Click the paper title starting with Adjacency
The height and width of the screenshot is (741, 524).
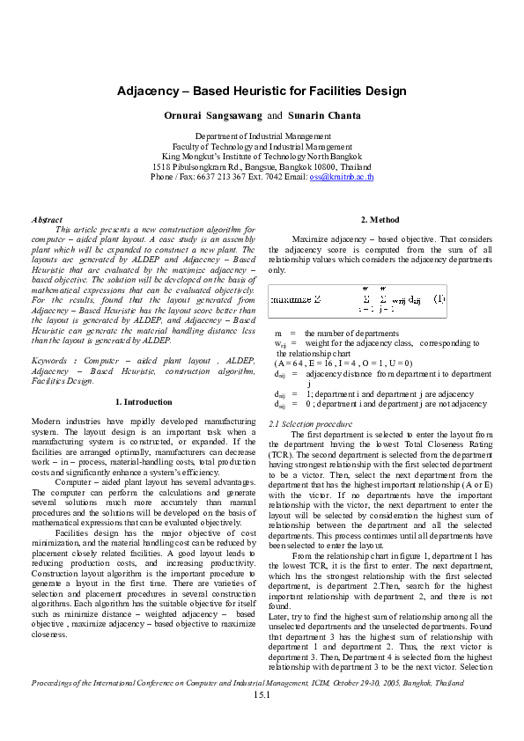[x=262, y=91]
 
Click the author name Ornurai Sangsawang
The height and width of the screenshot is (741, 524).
[x=212, y=115]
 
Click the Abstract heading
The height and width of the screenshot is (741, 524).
[x=47, y=219]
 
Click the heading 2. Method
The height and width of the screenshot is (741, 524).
[x=380, y=219]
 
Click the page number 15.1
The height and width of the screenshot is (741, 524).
[x=262, y=695]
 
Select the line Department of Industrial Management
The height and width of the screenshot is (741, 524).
[x=262, y=137]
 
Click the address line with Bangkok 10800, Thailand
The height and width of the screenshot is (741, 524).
[x=262, y=166]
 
